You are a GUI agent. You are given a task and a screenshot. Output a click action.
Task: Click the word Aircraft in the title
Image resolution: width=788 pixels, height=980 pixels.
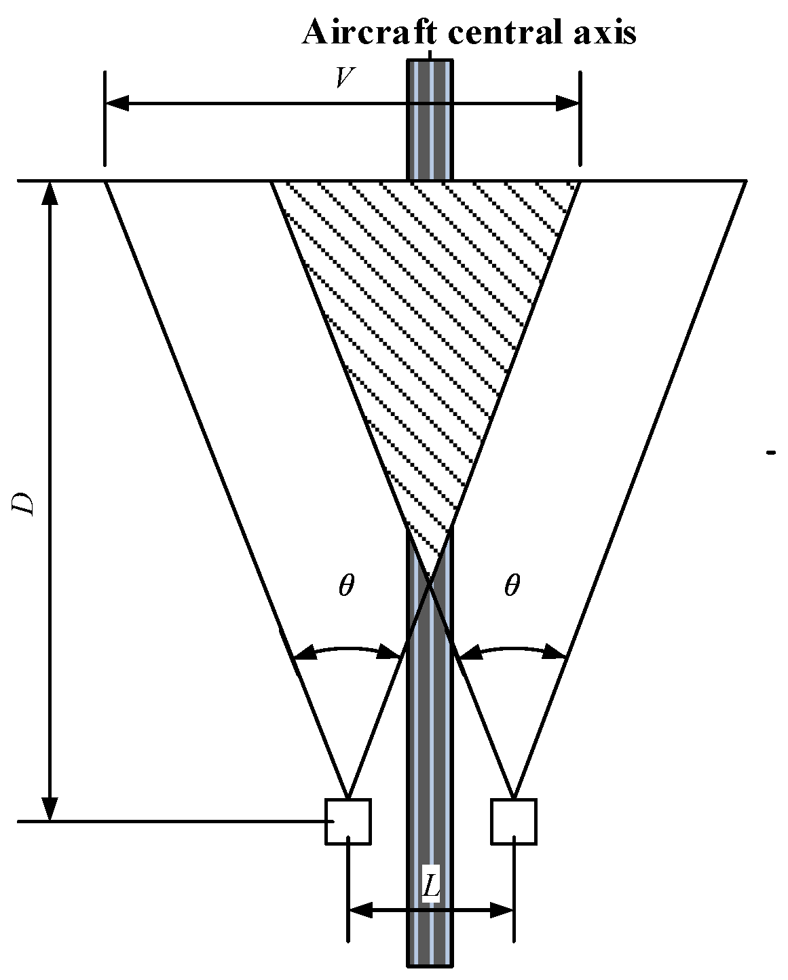click(x=359, y=32)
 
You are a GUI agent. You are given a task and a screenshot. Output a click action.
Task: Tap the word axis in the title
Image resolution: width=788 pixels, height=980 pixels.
click(x=602, y=32)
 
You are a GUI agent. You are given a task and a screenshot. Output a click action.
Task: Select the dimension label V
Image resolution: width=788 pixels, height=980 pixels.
click(x=345, y=78)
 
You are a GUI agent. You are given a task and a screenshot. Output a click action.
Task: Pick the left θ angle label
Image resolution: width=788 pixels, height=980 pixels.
click(x=346, y=585)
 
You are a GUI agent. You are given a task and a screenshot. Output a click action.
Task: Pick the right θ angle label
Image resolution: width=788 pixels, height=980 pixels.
click(x=512, y=585)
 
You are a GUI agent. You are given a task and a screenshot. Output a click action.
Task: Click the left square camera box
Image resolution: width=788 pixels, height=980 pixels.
click(x=348, y=821)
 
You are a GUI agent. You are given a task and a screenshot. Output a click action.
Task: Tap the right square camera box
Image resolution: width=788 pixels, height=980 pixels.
click(x=514, y=821)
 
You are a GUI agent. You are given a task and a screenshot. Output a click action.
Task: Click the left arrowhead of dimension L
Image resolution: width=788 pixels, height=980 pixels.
click(x=360, y=909)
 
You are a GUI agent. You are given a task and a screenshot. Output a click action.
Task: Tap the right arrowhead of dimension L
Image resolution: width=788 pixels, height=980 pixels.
click(x=502, y=909)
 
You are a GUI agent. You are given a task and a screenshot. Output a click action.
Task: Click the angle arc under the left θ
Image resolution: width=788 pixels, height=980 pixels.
click(x=346, y=649)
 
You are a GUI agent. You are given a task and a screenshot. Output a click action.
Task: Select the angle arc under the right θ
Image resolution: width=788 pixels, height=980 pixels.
click(x=512, y=649)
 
